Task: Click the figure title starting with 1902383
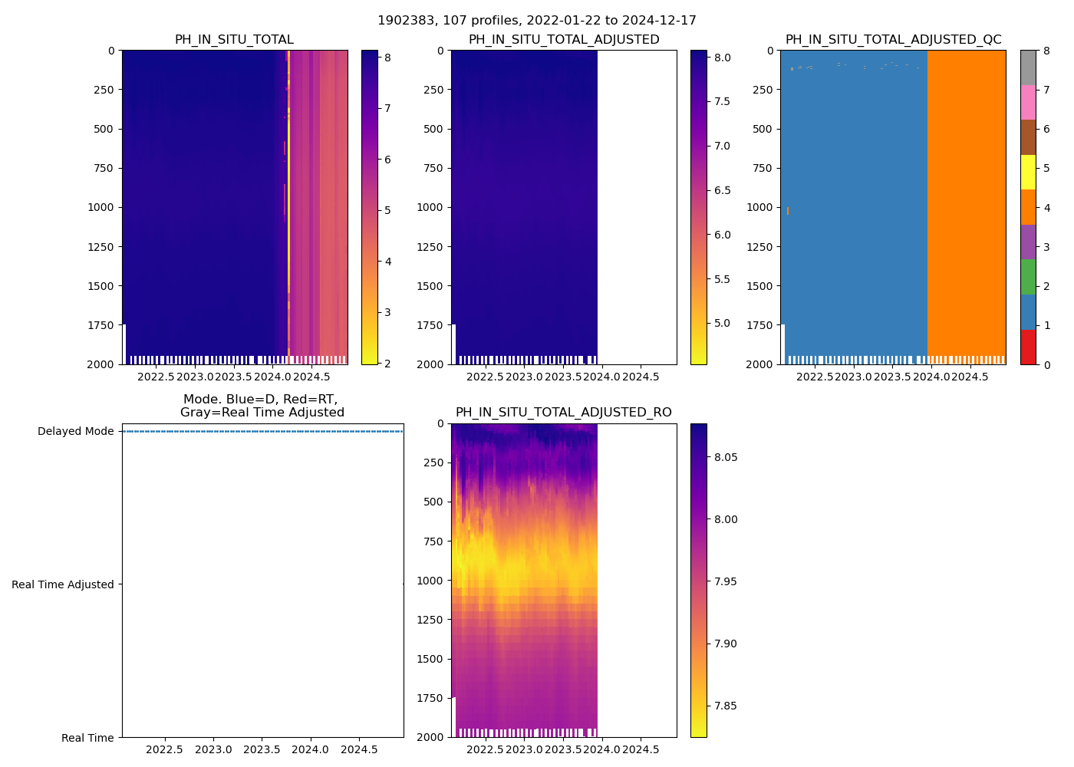coord(536,21)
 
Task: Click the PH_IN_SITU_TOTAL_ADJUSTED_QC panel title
coord(893,40)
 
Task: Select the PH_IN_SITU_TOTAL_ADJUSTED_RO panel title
coord(563,413)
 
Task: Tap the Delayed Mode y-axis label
coord(75,431)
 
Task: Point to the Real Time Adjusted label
coord(62,584)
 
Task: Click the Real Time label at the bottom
coord(87,738)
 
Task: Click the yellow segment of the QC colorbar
coord(1028,173)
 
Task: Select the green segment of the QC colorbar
coord(1028,277)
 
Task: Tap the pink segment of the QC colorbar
coord(1028,103)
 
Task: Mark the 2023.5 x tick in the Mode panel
coord(262,749)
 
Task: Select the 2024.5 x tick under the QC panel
coord(970,377)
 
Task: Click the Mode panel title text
coord(262,406)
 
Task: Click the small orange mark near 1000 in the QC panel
coord(788,210)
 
